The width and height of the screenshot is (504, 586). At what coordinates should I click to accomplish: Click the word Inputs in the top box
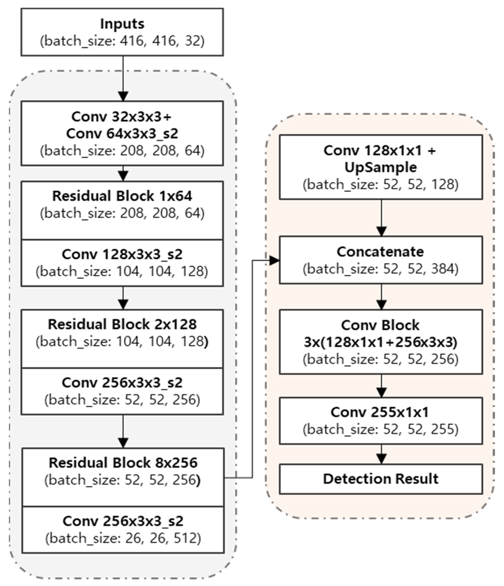pos(122,24)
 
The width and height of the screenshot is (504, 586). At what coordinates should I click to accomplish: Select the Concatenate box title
pos(380,252)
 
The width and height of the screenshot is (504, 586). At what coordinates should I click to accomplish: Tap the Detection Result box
pos(381,479)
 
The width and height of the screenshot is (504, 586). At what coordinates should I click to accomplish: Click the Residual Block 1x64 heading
pos(122,196)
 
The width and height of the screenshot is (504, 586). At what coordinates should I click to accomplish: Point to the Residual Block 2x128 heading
pos(122,324)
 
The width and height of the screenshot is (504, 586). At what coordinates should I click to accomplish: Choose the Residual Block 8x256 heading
pos(123,463)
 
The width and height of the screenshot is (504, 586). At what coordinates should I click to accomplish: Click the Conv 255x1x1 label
pos(380,412)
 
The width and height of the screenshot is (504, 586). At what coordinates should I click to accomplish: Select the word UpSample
pos(381,167)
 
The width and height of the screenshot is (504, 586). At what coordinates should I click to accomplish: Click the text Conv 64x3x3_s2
pos(122,134)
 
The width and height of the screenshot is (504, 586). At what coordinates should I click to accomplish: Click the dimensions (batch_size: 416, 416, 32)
pos(122,41)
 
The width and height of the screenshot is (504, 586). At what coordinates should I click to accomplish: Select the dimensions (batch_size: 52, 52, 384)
pos(381,269)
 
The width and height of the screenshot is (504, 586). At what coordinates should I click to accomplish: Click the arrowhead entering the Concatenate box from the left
pos(274,261)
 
